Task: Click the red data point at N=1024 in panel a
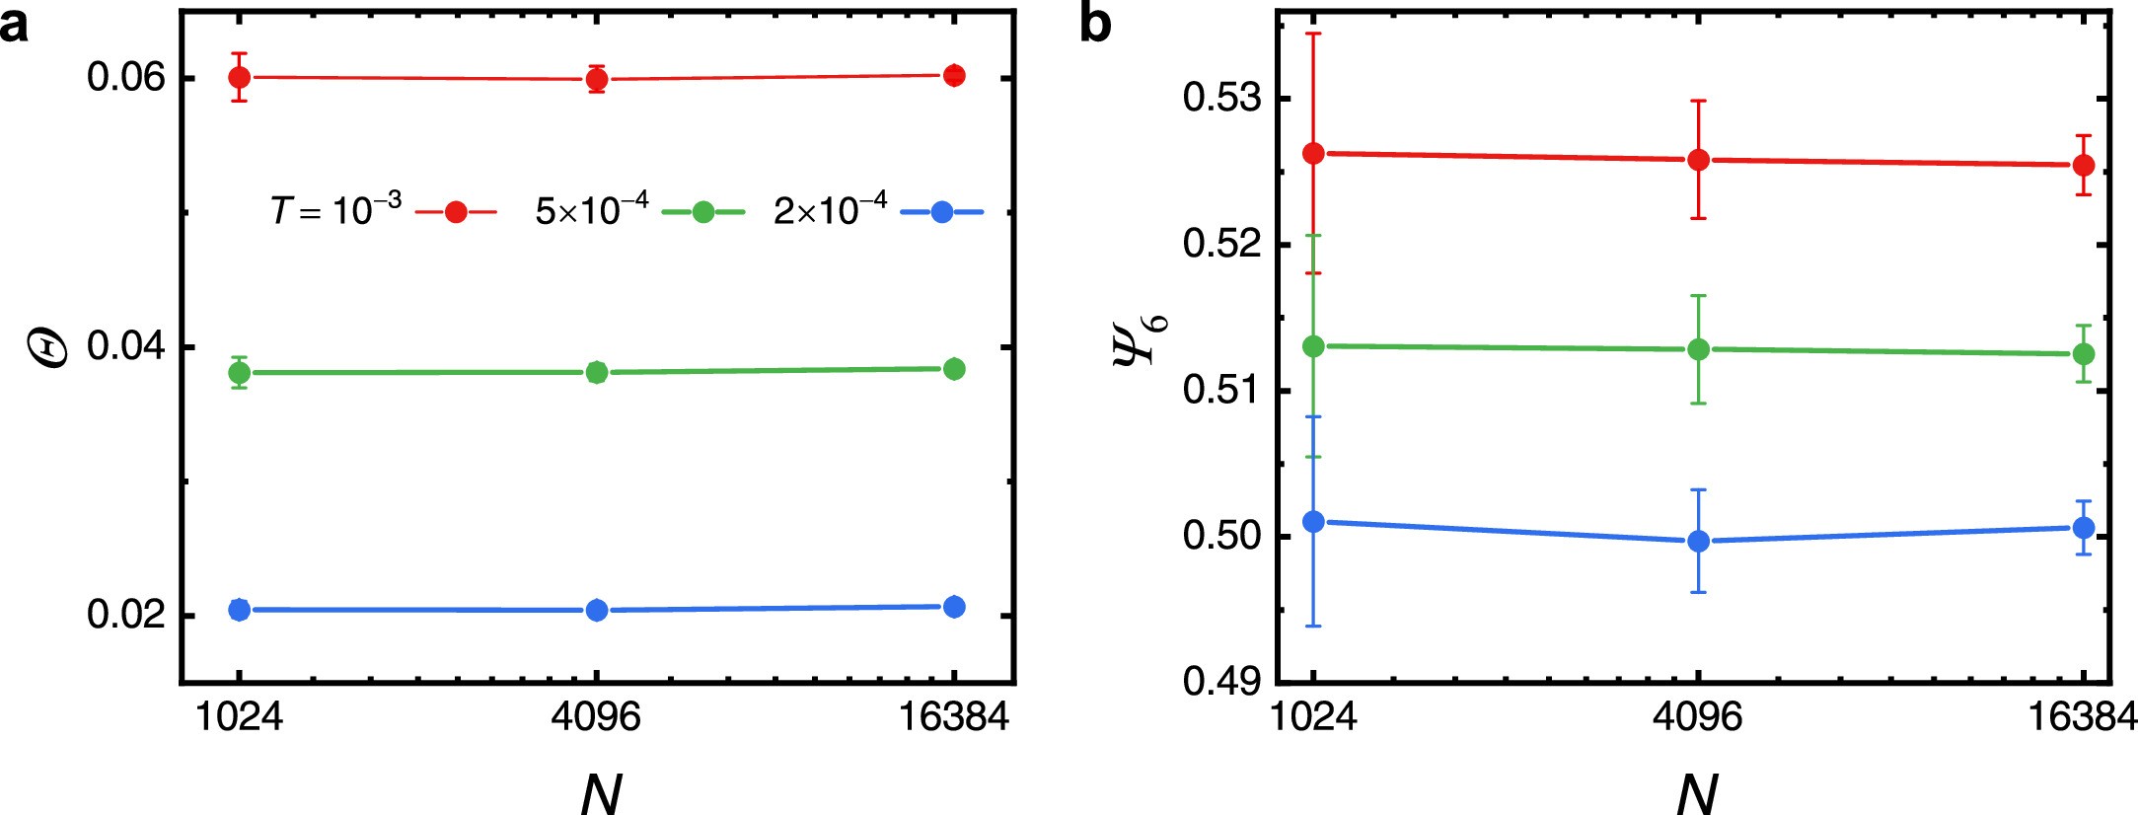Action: pyautogui.click(x=239, y=77)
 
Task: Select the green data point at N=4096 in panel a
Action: pyautogui.click(x=596, y=372)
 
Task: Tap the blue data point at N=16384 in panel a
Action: pyautogui.click(x=953, y=607)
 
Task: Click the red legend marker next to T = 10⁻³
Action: pyautogui.click(x=455, y=212)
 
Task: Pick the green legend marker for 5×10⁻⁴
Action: pyautogui.click(x=702, y=212)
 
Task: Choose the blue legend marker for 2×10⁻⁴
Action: pyautogui.click(x=942, y=212)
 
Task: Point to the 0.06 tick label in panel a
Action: pyautogui.click(x=125, y=78)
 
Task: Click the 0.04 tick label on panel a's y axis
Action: pyautogui.click(x=125, y=347)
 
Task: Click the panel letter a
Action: pyautogui.click(x=14, y=25)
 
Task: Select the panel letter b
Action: pyautogui.click(x=1096, y=25)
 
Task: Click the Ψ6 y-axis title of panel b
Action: pyautogui.click(x=1141, y=338)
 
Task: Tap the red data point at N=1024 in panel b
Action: pyautogui.click(x=1313, y=154)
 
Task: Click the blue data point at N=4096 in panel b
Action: pyautogui.click(x=1698, y=541)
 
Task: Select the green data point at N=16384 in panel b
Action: pyautogui.click(x=2083, y=354)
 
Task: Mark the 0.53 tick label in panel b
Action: pyautogui.click(x=1221, y=99)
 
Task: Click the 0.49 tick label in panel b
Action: pyautogui.click(x=1221, y=682)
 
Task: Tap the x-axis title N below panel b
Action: pyautogui.click(x=1697, y=792)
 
